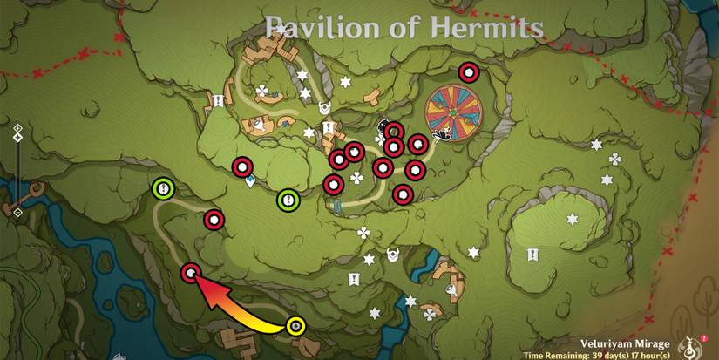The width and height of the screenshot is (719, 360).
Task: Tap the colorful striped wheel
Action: click(x=457, y=111)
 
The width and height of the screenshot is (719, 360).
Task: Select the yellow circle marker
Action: click(x=296, y=326)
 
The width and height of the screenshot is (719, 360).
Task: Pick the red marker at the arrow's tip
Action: click(x=191, y=275)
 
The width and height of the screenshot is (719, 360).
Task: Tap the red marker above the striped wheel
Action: click(x=469, y=72)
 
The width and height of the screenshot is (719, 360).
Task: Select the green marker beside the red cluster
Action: click(x=288, y=200)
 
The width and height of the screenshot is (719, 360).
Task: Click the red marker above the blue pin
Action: click(x=241, y=166)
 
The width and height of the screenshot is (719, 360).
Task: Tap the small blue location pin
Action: click(x=251, y=182)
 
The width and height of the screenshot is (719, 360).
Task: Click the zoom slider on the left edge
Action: click(x=17, y=170)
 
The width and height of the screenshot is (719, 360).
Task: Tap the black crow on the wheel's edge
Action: click(x=442, y=132)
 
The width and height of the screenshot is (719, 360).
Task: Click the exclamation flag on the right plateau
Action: click(x=532, y=255)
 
